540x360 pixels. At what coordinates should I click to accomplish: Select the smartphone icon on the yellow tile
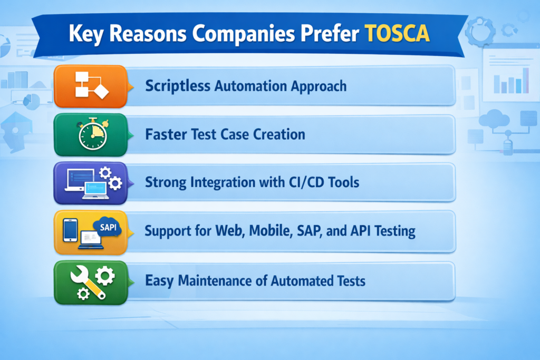click(x=70, y=231)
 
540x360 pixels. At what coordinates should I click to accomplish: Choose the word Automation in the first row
click(x=248, y=85)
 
